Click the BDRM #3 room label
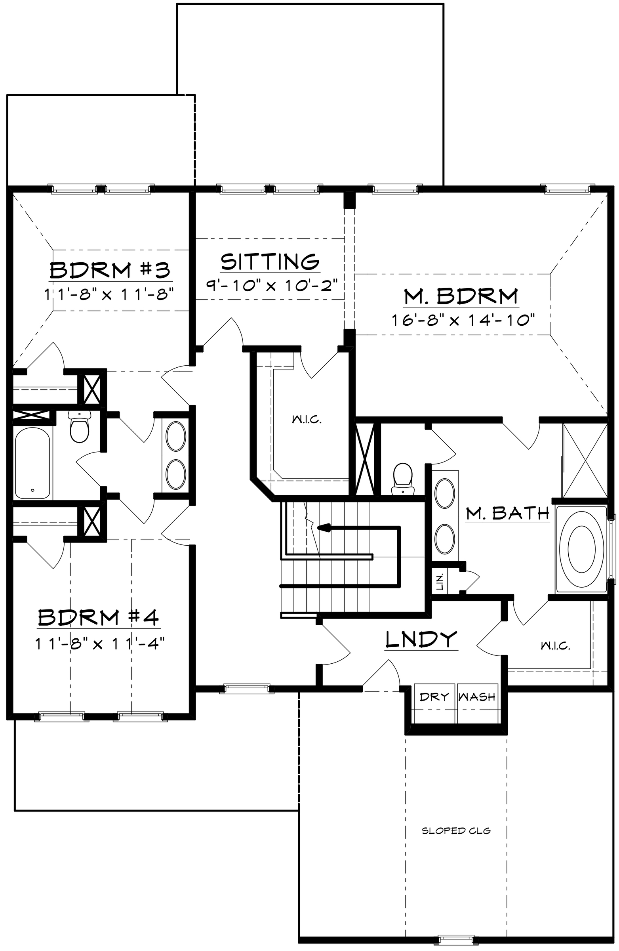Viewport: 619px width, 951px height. click(x=110, y=270)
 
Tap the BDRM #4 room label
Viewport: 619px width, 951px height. click(x=98, y=617)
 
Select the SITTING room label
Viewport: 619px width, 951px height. click(x=270, y=262)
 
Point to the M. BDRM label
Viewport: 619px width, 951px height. click(x=461, y=296)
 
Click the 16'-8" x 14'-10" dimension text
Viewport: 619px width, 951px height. click(x=463, y=320)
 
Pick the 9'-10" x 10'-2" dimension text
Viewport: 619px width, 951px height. click(x=272, y=285)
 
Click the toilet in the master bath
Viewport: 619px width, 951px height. click(x=402, y=479)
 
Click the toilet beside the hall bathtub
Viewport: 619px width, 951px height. click(x=79, y=426)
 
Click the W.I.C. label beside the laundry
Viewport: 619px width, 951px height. click(x=555, y=645)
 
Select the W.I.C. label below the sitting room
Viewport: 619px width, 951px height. click(x=307, y=420)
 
